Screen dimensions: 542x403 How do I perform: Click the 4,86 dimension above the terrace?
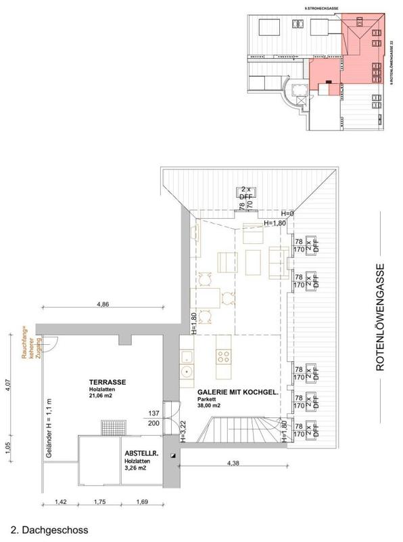(x=103, y=305)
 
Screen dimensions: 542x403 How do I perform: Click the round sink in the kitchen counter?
(x=186, y=371)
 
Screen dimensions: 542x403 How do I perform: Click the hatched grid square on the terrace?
(x=110, y=428)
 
